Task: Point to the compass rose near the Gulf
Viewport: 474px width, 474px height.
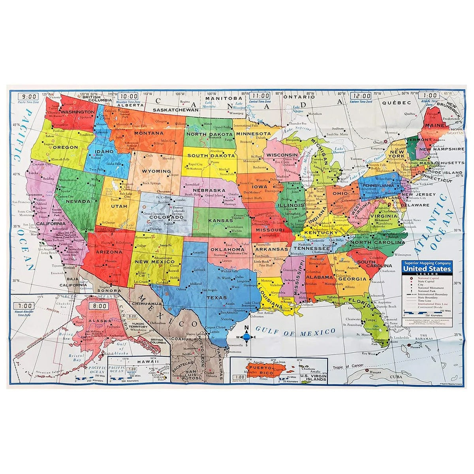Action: pyautogui.click(x=246, y=337)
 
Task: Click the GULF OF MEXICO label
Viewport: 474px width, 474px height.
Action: pyautogui.click(x=295, y=331)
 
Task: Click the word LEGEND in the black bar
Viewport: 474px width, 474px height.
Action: pyautogui.click(x=426, y=274)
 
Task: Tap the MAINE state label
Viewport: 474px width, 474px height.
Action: pyautogui.click(x=434, y=125)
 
